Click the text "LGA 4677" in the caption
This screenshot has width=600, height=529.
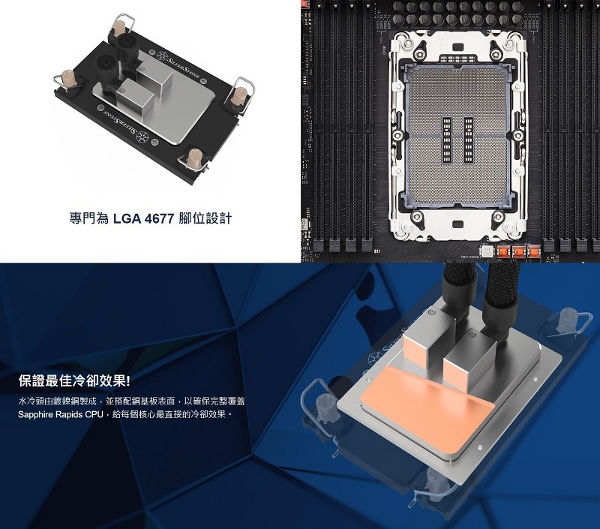[x=144, y=219]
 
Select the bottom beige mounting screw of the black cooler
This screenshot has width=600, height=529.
[x=193, y=158]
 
